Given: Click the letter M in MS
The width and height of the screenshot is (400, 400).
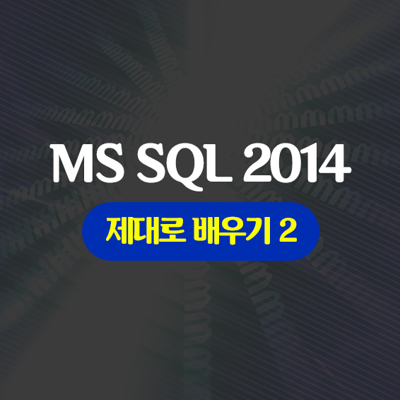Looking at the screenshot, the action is point(73,163).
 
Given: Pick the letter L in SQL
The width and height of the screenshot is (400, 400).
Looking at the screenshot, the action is point(218,164).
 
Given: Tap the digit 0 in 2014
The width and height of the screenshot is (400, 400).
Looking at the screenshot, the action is point(287,164).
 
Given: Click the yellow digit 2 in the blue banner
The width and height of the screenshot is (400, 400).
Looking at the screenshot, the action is point(288,230).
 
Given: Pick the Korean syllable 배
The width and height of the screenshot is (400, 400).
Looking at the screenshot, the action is point(206,231).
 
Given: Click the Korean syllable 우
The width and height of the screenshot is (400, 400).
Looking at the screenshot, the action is point(233,231).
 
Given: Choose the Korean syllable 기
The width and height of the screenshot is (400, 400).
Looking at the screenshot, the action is point(259,231).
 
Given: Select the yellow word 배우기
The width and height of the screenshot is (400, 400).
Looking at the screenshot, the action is point(232,231).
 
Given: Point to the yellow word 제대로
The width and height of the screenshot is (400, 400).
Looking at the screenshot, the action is point(146,231).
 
